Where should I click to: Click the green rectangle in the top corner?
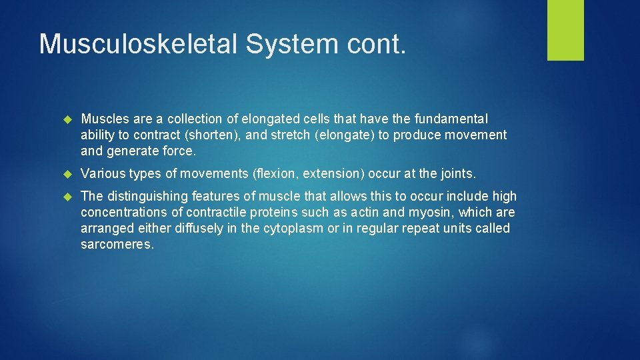(565, 30)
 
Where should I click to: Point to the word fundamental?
(451, 119)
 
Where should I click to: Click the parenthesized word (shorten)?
(212, 135)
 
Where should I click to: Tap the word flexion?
(276, 173)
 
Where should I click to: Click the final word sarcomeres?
(117, 244)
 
